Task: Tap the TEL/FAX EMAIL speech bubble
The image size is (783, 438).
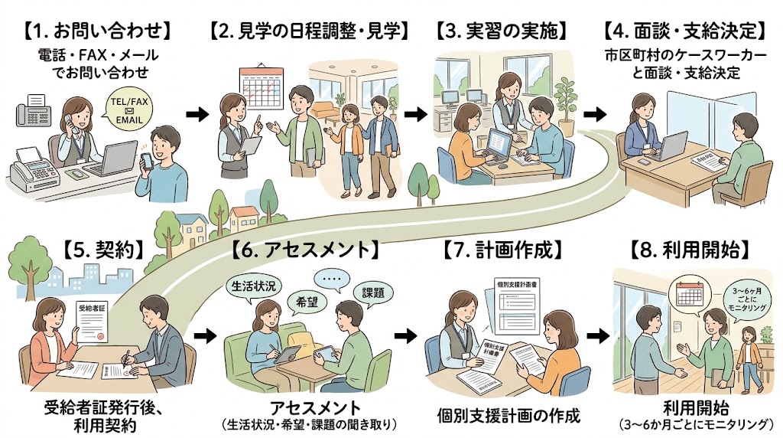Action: point(128,109)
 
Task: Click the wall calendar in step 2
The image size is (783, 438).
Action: point(262,86)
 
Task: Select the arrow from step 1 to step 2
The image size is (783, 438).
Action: point(198,115)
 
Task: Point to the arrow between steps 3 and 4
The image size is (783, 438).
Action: point(594,115)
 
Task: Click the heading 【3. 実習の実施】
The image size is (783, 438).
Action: point(502,31)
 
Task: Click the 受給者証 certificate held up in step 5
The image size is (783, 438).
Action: point(93,321)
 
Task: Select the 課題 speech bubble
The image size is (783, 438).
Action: point(373,293)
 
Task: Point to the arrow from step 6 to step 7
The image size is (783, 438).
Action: point(405,335)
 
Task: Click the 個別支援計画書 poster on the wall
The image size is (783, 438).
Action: point(518,305)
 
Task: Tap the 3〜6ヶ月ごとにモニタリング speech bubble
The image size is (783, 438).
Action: point(747,299)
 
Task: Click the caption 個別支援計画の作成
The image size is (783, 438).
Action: point(508,415)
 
